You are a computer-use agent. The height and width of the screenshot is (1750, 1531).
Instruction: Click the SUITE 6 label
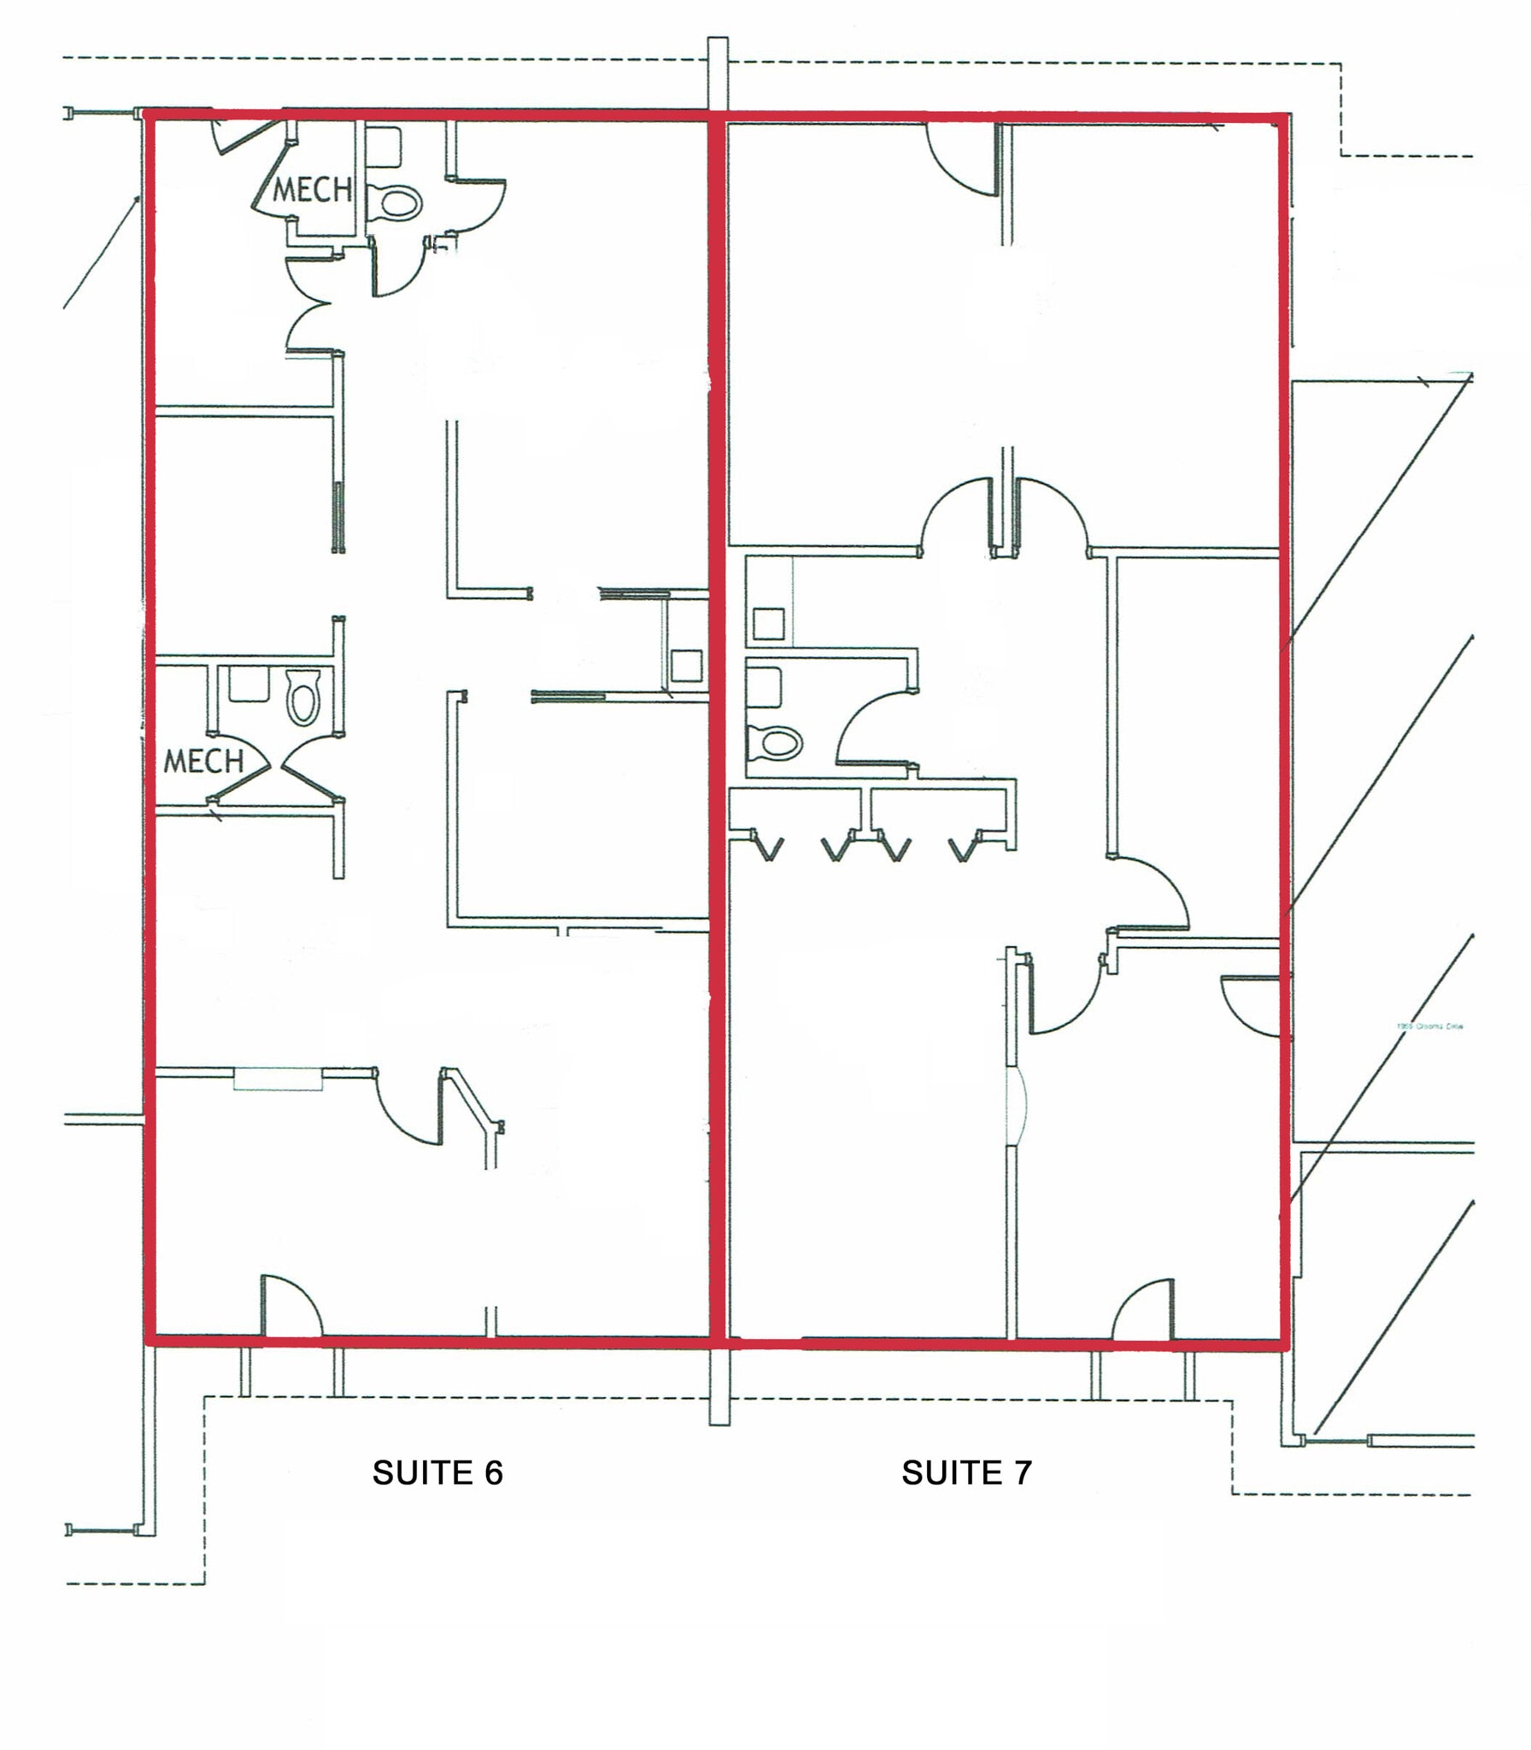tap(437, 1472)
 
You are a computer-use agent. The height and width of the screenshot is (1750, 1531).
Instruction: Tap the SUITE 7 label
tap(966, 1472)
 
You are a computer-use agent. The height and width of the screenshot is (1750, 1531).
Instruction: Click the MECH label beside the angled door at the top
tap(312, 190)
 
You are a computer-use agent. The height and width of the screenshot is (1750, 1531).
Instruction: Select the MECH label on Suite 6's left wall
tap(203, 760)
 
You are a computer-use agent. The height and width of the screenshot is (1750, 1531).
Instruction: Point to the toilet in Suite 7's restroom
tap(775, 742)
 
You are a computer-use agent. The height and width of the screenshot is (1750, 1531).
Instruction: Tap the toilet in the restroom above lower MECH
tap(303, 696)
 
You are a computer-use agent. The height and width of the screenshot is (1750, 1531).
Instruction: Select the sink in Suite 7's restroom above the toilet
tap(764, 689)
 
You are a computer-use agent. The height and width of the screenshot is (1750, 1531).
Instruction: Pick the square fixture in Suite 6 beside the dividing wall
tap(686, 666)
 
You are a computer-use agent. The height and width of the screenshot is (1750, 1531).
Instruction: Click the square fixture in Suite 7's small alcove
tap(769, 624)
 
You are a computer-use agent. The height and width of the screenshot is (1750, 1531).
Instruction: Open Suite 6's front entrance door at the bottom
tap(290, 1307)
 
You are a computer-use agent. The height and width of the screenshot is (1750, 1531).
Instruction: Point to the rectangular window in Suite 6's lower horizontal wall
tap(278, 1079)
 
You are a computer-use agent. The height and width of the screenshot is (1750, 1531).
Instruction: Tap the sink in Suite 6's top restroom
tap(387, 147)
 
